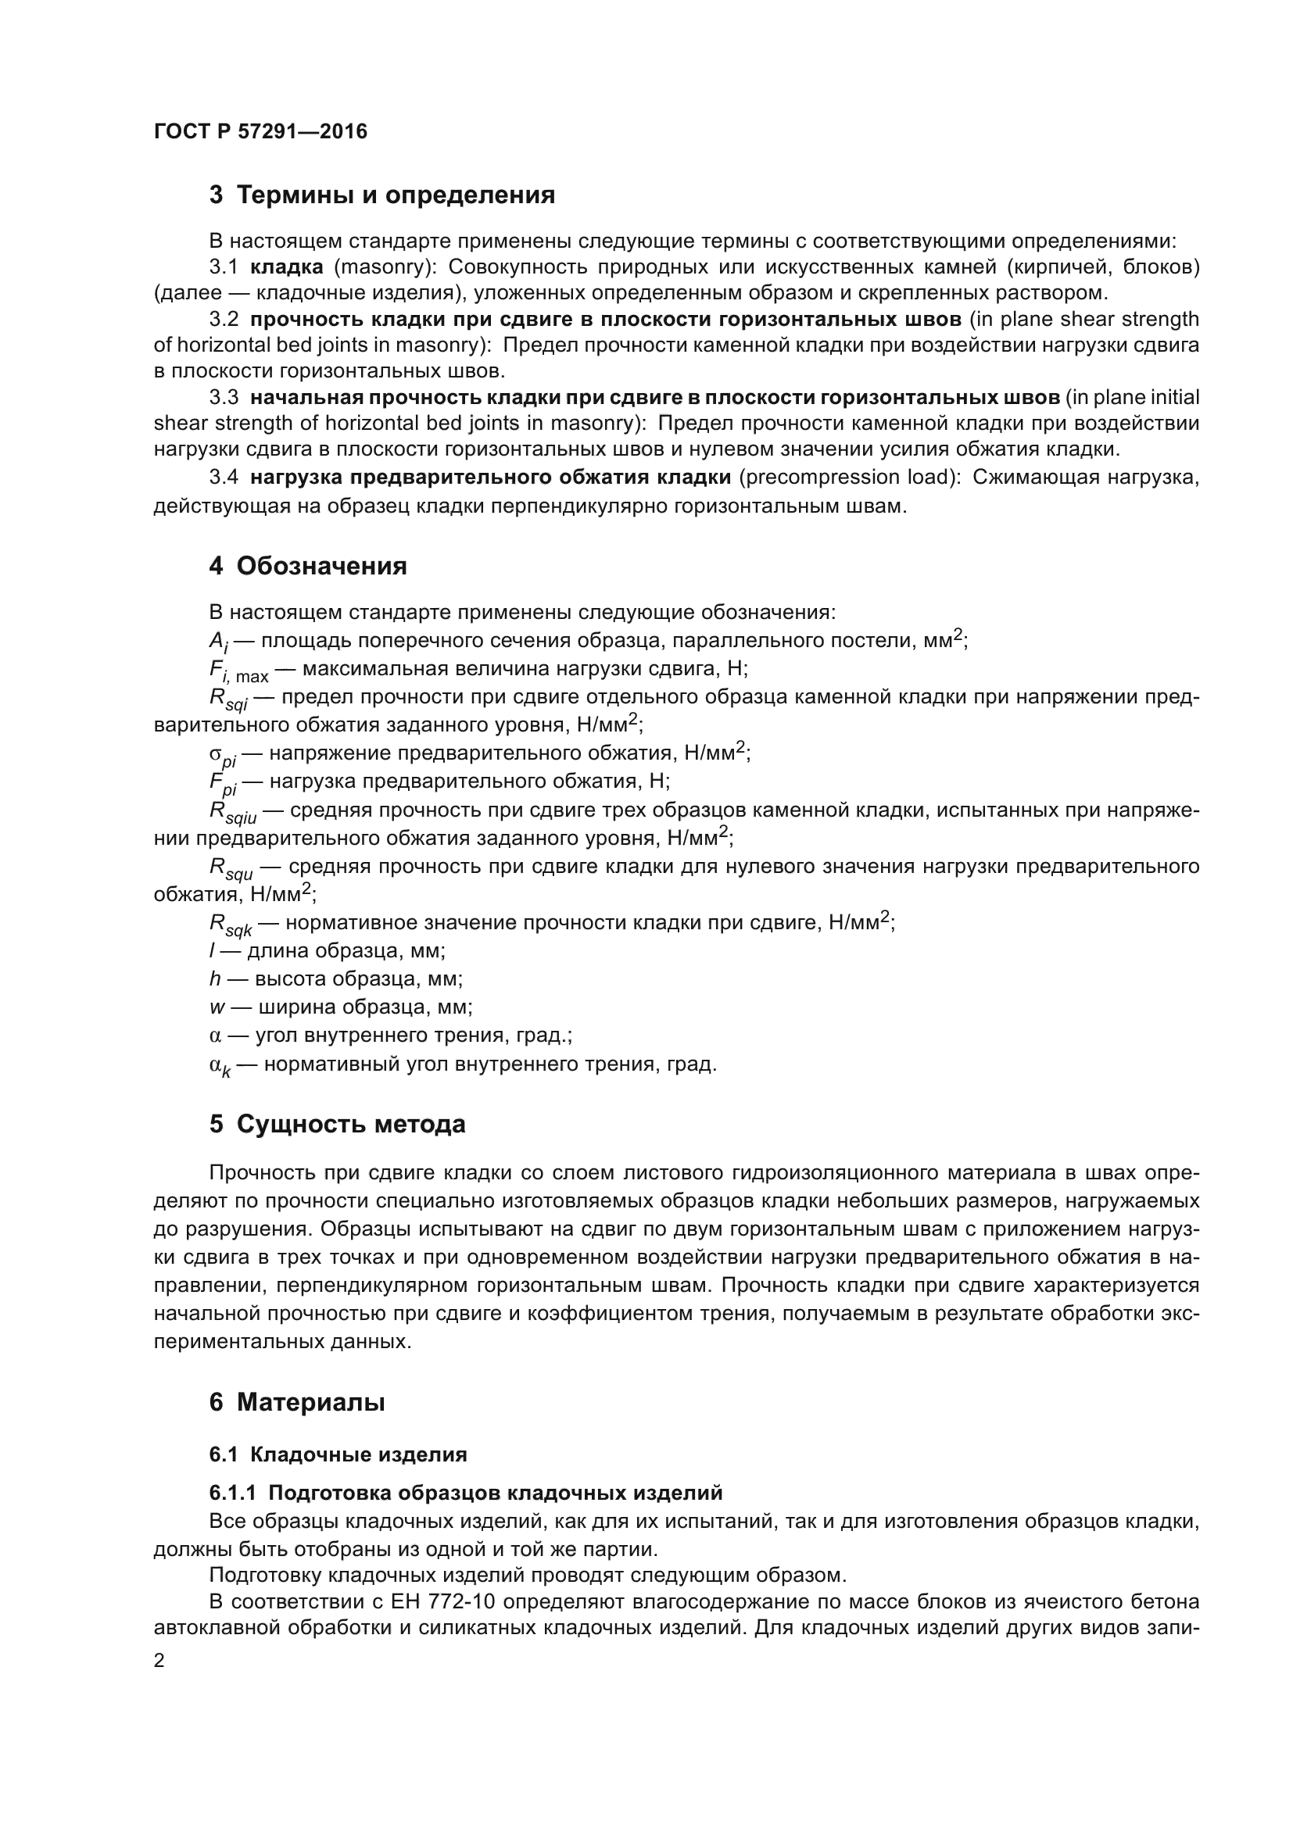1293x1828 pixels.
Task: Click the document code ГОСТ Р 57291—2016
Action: pyautogui.click(x=260, y=131)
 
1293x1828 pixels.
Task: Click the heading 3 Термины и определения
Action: pyautogui.click(x=381, y=195)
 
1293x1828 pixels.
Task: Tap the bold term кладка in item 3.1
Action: pyautogui.click(x=286, y=267)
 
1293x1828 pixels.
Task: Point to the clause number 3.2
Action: pyautogui.click(x=224, y=320)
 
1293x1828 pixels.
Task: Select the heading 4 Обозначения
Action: pyautogui.click(x=307, y=566)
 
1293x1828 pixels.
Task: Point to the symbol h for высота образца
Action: pyautogui.click(x=215, y=978)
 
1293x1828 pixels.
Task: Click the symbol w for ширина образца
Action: pyautogui.click(x=217, y=1007)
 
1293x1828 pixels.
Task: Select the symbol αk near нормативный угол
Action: pyautogui.click(x=220, y=1065)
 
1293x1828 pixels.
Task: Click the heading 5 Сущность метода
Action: pyautogui.click(x=337, y=1124)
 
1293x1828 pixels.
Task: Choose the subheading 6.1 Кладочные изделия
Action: pyautogui.click(x=338, y=1454)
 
